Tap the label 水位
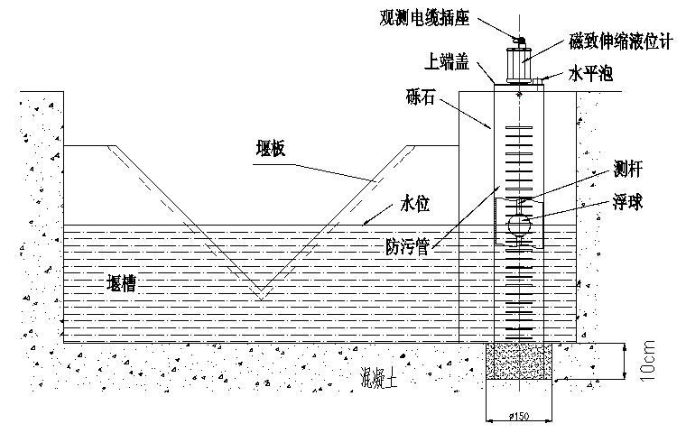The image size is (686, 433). tap(413, 205)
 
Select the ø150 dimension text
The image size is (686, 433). tap(520, 416)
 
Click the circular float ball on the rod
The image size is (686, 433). tap(520, 224)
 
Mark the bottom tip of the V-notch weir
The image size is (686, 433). tap(260, 298)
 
